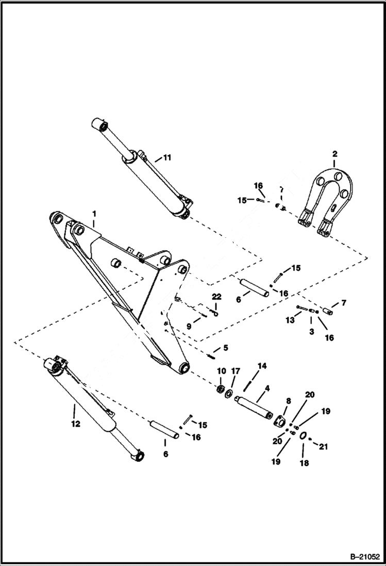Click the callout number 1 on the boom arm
pyautogui.click(x=94, y=213)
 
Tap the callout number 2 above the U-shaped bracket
pyautogui.click(x=334, y=154)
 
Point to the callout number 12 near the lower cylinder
pyautogui.click(x=76, y=424)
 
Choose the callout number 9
pyautogui.click(x=189, y=326)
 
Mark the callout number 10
pyautogui.click(x=221, y=371)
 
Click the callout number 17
pyautogui.click(x=236, y=371)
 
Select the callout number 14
pyautogui.click(x=262, y=366)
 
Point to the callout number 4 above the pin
pyautogui.click(x=267, y=387)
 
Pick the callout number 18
pyautogui.click(x=304, y=463)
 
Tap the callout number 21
pyautogui.click(x=323, y=446)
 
